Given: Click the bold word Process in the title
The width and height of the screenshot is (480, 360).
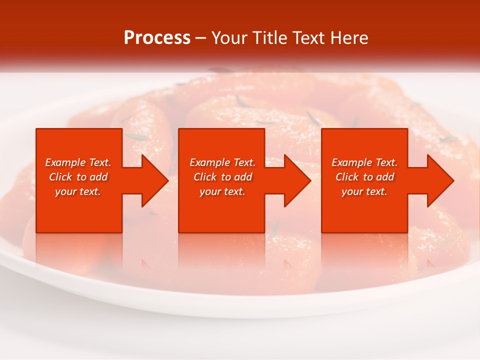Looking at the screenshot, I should click(157, 38).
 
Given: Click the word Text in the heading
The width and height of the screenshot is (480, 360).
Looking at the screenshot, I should click(309, 38).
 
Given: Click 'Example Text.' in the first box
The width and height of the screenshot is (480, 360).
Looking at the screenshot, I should click(78, 162).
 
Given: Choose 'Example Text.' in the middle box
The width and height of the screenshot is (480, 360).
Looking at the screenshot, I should click(222, 162).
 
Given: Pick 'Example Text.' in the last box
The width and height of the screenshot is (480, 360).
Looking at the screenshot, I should click(364, 162).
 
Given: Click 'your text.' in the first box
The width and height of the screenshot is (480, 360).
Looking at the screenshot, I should click(78, 191).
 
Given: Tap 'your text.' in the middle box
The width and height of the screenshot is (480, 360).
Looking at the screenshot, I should click(222, 191).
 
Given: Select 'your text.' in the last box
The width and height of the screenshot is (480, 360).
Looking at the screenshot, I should click(364, 191).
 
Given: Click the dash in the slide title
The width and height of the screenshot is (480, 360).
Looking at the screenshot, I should click(200, 38).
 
